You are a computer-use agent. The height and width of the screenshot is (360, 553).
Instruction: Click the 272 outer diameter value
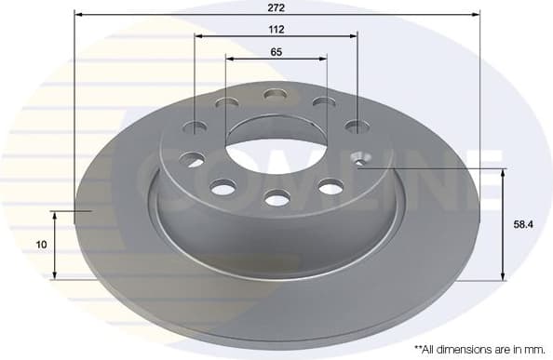276,7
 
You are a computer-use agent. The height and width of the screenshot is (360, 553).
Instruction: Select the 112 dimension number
276,29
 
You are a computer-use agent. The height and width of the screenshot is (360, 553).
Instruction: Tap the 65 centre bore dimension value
276,52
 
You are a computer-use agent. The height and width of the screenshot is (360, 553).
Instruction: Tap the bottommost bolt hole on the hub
276,197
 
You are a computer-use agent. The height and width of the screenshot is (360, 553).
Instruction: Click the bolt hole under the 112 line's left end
196,127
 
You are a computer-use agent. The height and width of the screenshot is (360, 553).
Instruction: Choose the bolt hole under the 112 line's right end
355,127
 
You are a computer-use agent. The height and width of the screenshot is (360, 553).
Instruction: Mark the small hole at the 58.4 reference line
360,164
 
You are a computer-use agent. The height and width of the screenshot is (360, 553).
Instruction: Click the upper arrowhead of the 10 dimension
56,215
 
